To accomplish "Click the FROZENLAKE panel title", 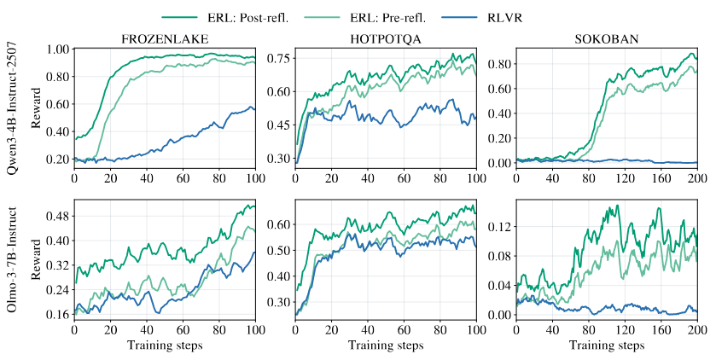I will click(x=165, y=38).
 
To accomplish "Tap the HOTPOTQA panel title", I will click(x=386, y=38).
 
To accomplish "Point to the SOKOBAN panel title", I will click(x=606, y=38).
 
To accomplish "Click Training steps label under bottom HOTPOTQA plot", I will click(x=386, y=345).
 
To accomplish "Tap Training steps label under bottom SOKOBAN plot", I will click(x=606, y=345).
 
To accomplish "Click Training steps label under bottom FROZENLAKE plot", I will click(x=165, y=345).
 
